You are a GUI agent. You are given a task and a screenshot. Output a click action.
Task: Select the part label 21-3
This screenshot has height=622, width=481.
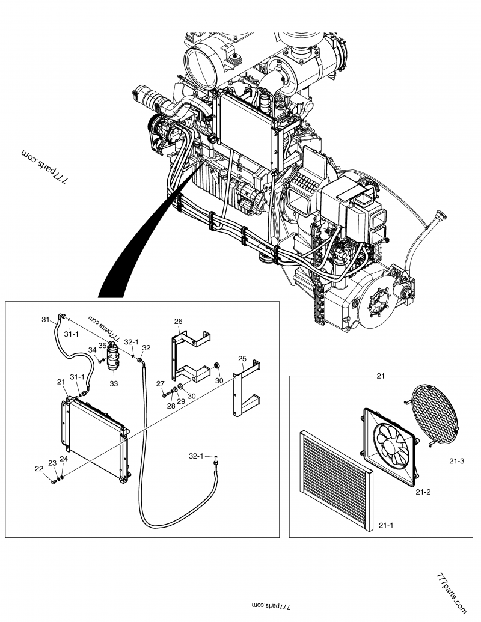pyautogui.click(x=456, y=461)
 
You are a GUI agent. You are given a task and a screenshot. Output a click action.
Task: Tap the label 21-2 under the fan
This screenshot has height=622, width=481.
pyautogui.click(x=423, y=492)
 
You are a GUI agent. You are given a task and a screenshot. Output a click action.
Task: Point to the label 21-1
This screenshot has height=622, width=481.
pyautogui.click(x=385, y=526)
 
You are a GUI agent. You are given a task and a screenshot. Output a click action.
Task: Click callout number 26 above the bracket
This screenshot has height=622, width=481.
pyautogui.click(x=178, y=321)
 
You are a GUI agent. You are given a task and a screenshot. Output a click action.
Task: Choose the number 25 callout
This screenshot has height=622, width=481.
pyautogui.click(x=242, y=359)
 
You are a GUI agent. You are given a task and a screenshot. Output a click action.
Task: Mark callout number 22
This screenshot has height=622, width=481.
pyautogui.click(x=38, y=469)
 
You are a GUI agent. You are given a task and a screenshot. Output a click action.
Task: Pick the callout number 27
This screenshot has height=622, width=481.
pyautogui.click(x=161, y=383)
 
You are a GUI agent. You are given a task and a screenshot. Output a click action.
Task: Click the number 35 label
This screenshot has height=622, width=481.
pyautogui.click(x=102, y=346)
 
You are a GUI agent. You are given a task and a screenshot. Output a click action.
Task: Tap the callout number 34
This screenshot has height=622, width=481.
pyautogui.click(x=93, y=350)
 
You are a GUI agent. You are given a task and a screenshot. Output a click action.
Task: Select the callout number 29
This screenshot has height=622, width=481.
pyautogui.click(x=180, y=401)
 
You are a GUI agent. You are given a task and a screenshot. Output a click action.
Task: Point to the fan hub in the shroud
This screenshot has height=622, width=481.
pyautogui.click(x=391, y=443)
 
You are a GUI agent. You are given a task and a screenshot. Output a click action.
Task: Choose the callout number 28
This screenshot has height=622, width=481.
pyautogui.click(x=170, y=406)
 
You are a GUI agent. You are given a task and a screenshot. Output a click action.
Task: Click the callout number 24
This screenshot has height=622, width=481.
pyautogui.click(x=63, y=459)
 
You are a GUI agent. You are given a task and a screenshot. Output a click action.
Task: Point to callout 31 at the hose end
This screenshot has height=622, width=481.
pyautogui.click(x=44, y=319)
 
